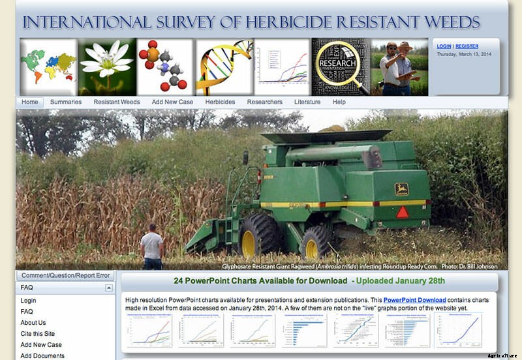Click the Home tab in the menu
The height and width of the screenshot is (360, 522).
tap(30, 102)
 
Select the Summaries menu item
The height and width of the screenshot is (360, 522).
tap(66, 102)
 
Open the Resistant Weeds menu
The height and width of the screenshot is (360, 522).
tap(116, 102)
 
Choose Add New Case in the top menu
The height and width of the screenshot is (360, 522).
tap(172, 102)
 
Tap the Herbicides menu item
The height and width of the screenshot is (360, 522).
tap(220, 102)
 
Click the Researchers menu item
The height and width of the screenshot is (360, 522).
tap(264, 102)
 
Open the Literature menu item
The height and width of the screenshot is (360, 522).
tap(307, 102)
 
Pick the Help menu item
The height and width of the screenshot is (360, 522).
tap(339, 102)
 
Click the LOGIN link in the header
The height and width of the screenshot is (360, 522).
tap(444, 46)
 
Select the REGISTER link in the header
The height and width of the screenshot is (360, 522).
tap(467, 46)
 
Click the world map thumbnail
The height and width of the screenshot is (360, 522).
tap(48, 67)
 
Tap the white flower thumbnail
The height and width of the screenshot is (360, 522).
tap(107, 67)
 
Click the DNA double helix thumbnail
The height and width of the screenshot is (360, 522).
tap(224, 67)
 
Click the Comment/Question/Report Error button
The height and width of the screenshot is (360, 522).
tap(65, 276)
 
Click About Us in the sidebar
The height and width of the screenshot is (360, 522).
tap(33, 323)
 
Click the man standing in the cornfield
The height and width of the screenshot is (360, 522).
tap(153, 247)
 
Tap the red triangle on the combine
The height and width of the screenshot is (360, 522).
tap(402, 212)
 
